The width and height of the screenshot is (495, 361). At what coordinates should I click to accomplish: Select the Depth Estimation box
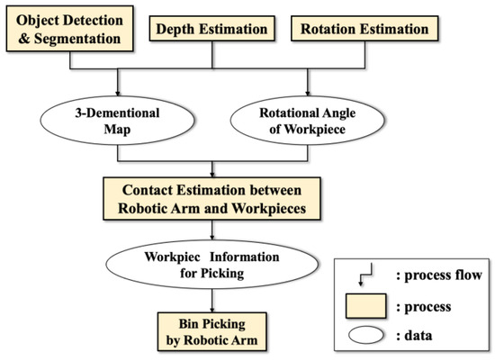(211, 30)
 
